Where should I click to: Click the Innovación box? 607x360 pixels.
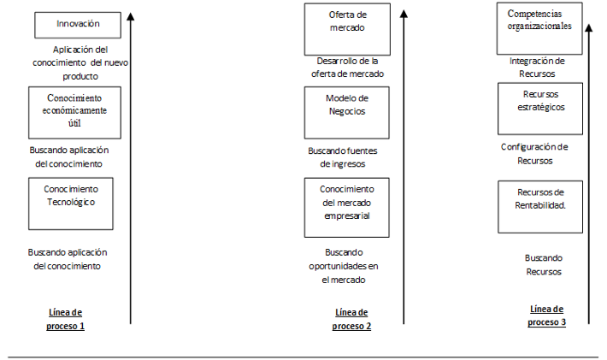pyautogui.click(x=78, y=25)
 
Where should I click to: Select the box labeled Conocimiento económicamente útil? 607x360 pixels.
pyautogui.click(x=74, y=113)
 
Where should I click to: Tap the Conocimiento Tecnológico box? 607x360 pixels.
pyautogui.click(x=71, y=204)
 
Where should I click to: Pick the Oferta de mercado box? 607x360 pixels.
pyautogui.click(x=347, y=29)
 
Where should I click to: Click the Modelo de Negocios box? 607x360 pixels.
pyautogui.click(x=347, y=113)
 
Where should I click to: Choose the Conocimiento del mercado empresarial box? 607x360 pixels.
pyautogui.click(x=347, y=208)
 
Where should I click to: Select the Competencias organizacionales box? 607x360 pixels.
pyautogui.click(x=539, y=28)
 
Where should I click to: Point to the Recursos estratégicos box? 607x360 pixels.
pyautogui.click(x=540, y=109)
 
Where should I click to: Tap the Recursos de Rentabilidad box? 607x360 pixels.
pyautogui.click(x=540, y=207)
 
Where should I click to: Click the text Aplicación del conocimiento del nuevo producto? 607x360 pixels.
pyautogui.click(x=80, y=62)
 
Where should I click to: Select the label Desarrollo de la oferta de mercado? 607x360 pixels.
pyautogui.click(x=347, y=68)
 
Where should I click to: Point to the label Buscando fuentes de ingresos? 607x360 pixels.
pyautogui.click(x=343, y=157)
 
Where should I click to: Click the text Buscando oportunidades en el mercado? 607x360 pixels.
pyautogui.click(x=344, y=266)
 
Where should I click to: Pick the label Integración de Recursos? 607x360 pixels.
pyautogui.click(x=537, y=68)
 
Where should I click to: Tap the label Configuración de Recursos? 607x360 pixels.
pyautogui.click(x=534, y=154)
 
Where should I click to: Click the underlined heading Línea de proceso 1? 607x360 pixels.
pyautogui.click(x=66, y=319)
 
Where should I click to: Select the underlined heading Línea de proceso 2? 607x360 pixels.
pyautogui.click(x=351, y=319)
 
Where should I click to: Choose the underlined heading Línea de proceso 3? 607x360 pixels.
pyautogui.click(x=546, y=316)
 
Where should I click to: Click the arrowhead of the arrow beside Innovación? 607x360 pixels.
pyautogui.click(x=131, y=16)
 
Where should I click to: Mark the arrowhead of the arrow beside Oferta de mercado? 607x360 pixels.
pyautogui.click(x=404, y=14)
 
